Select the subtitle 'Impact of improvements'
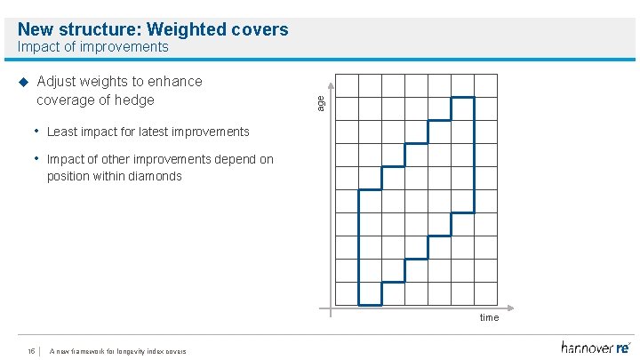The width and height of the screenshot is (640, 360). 92,46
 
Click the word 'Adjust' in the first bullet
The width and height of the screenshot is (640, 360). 59,82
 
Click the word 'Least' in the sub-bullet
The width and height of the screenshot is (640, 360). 63,132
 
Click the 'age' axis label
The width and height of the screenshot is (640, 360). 322,103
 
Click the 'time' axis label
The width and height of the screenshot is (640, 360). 489,317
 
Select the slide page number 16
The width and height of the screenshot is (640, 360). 31,351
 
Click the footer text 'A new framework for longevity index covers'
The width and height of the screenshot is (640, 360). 118,351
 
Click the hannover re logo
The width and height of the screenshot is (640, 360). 595,348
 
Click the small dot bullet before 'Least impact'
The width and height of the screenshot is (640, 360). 37,132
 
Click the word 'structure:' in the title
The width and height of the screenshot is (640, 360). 101,29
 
